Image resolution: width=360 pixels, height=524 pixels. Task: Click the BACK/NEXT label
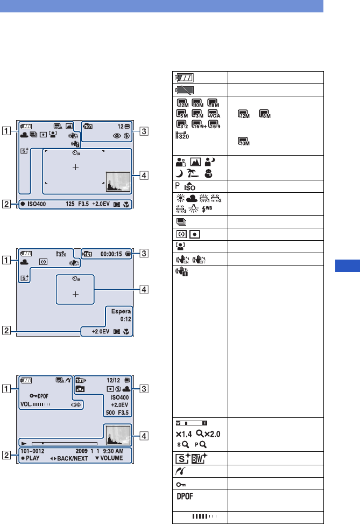pyautogui.click(x=79, y=458)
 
